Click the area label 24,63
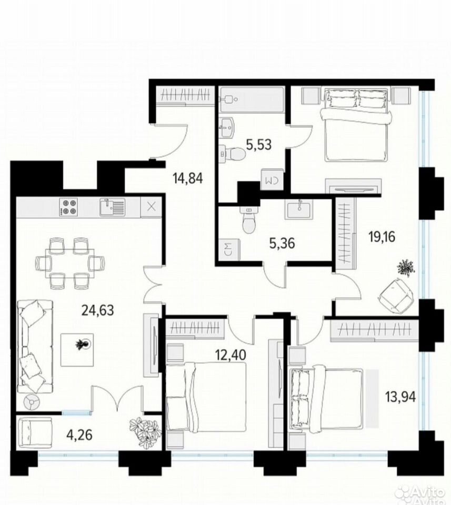coord(97,310)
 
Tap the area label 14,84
coord(188,178)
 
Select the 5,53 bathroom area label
coord(259,145)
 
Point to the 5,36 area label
coord(282,243)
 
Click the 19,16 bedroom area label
coord(382,237)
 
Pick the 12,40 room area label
coord(230,355)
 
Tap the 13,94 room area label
coord(401,397)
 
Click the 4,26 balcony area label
coord(79,435)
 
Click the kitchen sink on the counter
coord(112,207)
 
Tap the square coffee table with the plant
coord(77,350)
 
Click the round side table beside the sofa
coord(32,402)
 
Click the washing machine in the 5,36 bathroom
coord(229,249)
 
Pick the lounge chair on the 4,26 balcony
coord(35,432)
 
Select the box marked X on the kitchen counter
coord(151,207)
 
